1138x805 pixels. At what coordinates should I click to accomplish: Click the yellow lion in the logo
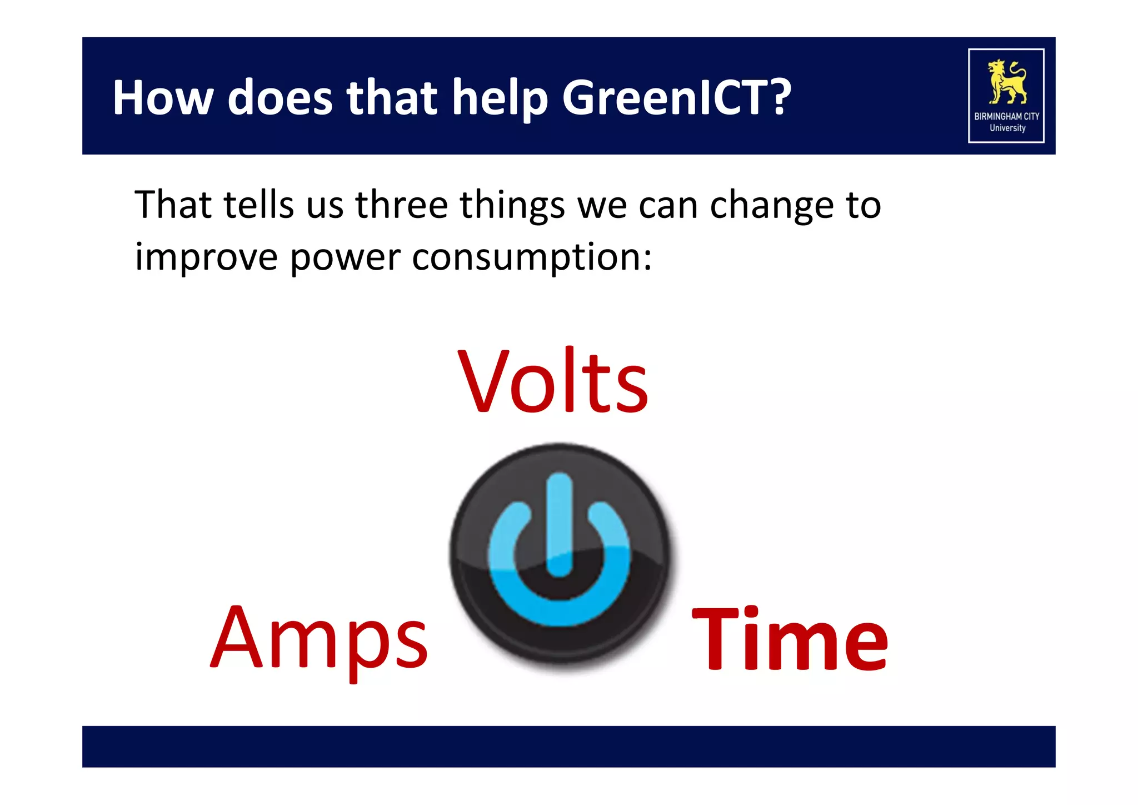(x=1006, y=82)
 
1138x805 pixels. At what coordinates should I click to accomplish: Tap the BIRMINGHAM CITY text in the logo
(x=1006, y=116)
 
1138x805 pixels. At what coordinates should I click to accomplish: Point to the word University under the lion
(x=1007, y=128)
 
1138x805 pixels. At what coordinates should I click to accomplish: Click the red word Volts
(x=552, y=382)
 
